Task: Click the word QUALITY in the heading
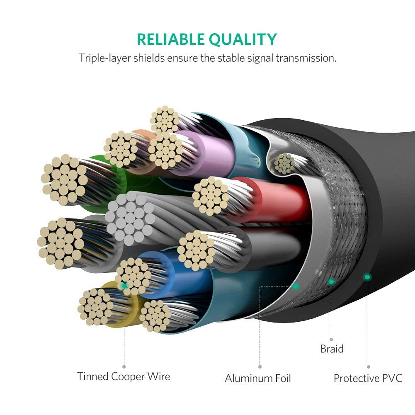(243, 39)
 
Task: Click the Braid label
(332, 349)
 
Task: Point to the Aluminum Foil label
(258, 378)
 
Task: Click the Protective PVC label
(368, 378)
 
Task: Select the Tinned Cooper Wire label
(124, 376)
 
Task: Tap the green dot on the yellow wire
(124, 286)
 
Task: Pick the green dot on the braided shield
(331, 282)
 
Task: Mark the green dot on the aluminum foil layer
(295, 286)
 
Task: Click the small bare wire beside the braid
(284, 163)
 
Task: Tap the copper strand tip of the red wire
(211, 195)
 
